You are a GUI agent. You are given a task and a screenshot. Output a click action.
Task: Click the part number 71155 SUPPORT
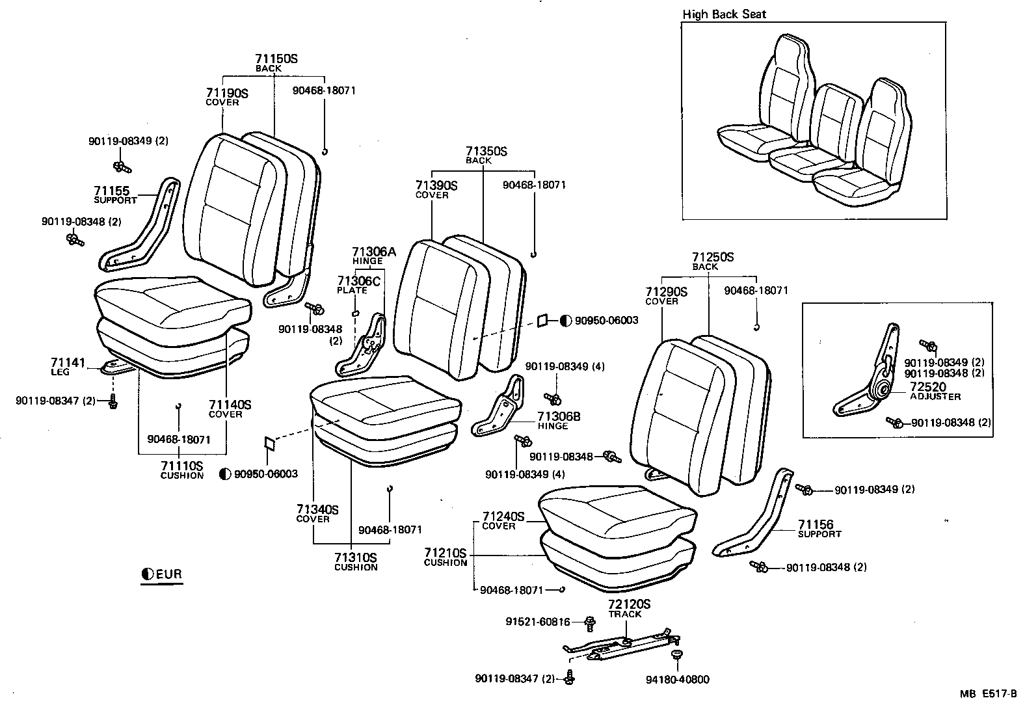(x=115, y=194)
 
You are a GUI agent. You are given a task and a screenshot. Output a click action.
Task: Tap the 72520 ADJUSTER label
(x=934, y=390)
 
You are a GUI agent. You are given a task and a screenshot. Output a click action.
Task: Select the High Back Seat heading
(x=724, y=14)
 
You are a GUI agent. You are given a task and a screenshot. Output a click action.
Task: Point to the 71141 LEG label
(x=68, y=366)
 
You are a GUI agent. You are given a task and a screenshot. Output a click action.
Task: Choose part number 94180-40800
(x=677, y=680)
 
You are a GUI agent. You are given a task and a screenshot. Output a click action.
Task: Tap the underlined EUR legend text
(x=168, y=574)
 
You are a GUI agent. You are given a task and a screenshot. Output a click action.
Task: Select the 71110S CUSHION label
(x=181, y=470)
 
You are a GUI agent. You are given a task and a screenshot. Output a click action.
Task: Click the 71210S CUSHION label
(x=446, y=557)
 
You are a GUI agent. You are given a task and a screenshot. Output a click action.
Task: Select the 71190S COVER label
(x=227, y=97)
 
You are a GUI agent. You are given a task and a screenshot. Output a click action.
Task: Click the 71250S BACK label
(x=712, y=261)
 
